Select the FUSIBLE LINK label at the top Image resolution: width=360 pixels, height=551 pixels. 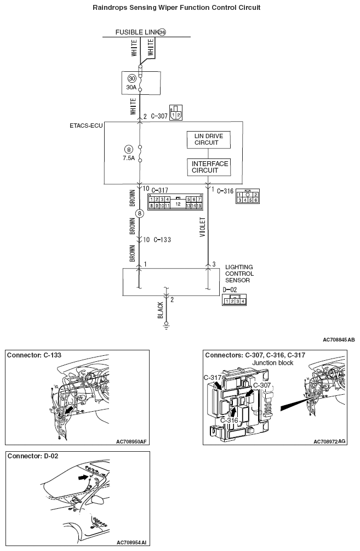136,32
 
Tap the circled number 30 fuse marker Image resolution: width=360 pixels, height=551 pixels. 131,78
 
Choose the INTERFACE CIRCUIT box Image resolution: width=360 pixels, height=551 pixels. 209,167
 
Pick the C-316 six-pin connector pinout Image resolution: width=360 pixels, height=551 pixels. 247,197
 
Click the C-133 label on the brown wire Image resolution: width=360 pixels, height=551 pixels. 163,240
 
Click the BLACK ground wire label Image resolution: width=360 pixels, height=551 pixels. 160,310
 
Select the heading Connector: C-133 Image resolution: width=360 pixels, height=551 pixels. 34,355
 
